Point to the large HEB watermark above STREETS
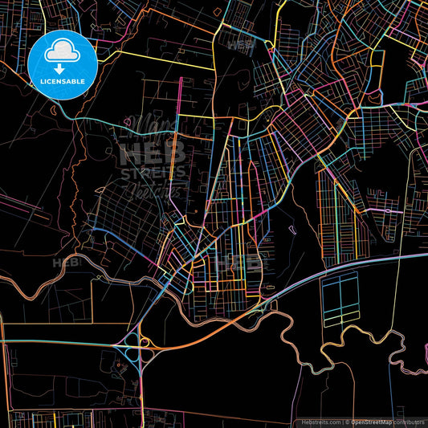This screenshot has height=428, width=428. coord(152,152)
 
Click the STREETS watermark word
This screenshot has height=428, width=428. coord(152,172)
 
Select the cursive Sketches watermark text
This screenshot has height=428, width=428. coord(155,190)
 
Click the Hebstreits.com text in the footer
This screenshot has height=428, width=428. coord(322,421)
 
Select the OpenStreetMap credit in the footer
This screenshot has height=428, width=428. coord(370,421)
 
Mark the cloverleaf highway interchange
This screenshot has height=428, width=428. coord(133,346)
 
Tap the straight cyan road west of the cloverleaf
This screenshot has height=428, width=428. coord(56,342)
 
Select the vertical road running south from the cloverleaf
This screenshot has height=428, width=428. coord(141,385)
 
